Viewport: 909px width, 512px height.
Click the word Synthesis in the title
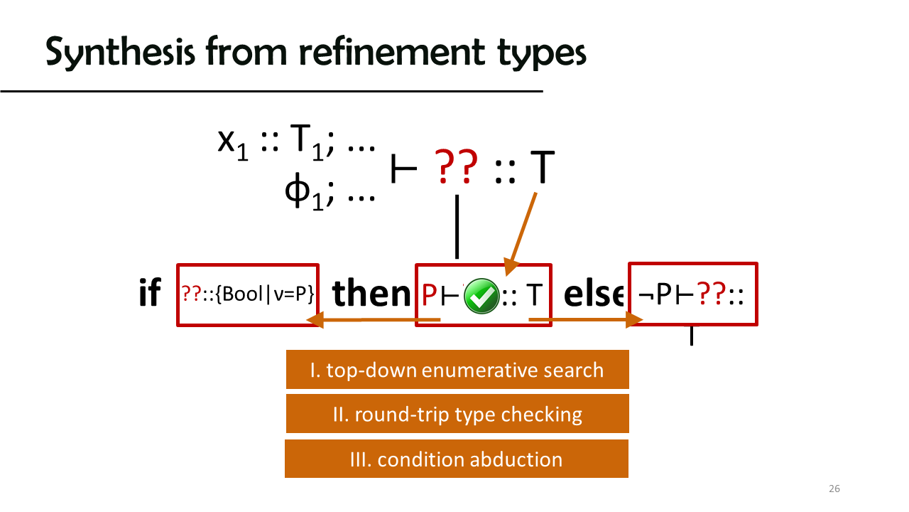click(x=120, y=52)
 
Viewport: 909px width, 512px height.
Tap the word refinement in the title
click(x=391, y=51)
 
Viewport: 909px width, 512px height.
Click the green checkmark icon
click(x=481, y=296)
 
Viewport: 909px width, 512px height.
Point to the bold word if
click(x=150, y=292)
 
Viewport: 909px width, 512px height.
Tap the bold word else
click(x=594, y=294)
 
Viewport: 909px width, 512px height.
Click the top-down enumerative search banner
click(x=457, y=369)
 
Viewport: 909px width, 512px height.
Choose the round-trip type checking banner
click(x=457, y=414)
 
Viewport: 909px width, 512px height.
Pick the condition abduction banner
click(x=457, y=459)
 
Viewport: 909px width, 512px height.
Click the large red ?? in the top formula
click(x=456, y=166)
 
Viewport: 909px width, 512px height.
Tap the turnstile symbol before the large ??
click(x=403, y=169)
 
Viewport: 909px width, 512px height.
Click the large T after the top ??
click(x=543, y=166)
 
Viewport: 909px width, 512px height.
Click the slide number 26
click(x=834, y=489)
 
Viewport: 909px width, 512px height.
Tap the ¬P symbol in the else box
click(x=654, y=294)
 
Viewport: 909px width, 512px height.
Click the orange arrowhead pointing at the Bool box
click(x=315, y=320)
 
